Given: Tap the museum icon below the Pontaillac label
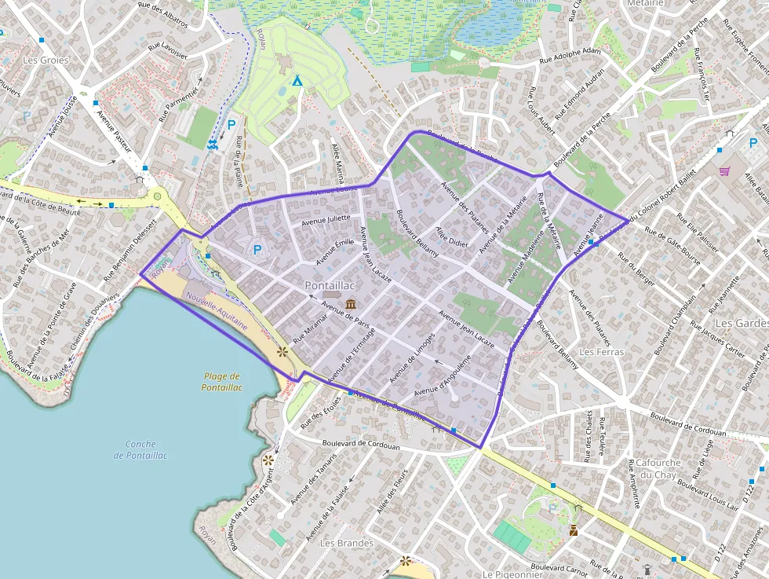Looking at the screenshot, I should click(x=349, y=303).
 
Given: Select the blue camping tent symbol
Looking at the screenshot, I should click(x=297, y=80).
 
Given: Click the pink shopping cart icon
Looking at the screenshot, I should click(x=724, y=170).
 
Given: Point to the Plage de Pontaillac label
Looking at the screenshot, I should click(x=222, y=382).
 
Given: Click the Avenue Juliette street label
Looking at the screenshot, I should click(x=328, y=218).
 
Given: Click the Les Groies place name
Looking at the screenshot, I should click(x=46, y=60).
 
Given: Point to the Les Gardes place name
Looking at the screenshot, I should click(x=740, y=323).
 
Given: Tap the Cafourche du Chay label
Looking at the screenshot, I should click(x=658, y=468).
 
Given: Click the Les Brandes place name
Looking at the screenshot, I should click(x=347, y=543).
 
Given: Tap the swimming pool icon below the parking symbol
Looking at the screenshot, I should click(x=213, y=144).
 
